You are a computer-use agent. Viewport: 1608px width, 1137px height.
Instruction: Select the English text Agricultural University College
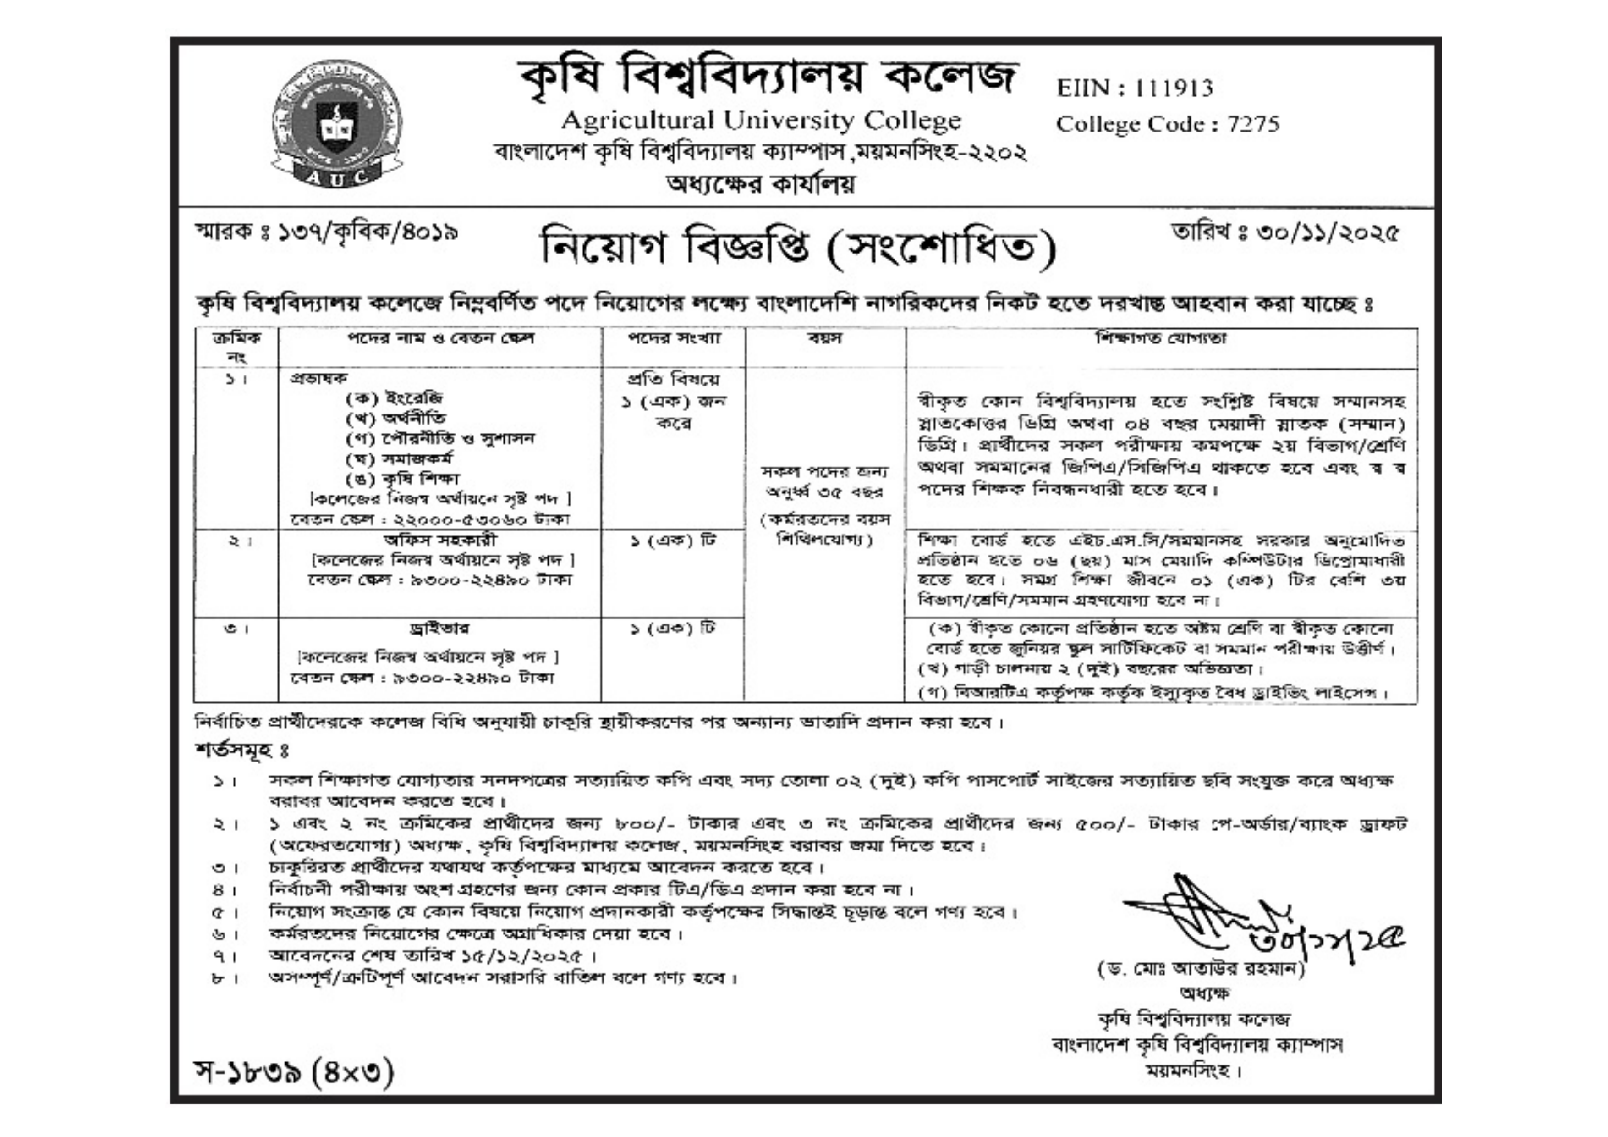point(761,121)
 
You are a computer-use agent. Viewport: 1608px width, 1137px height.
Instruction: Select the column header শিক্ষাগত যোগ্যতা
point(1160,338)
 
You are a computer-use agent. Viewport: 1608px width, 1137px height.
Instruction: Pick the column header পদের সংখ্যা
point(673,338)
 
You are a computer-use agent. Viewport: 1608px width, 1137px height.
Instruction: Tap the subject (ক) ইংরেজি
point(395,399)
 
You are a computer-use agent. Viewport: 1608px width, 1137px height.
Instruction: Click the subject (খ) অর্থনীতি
point(395,419)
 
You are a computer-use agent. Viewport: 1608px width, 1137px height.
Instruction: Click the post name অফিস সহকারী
point(440,541)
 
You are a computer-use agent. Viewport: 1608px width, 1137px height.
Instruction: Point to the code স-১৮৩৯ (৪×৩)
point(294,1072)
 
